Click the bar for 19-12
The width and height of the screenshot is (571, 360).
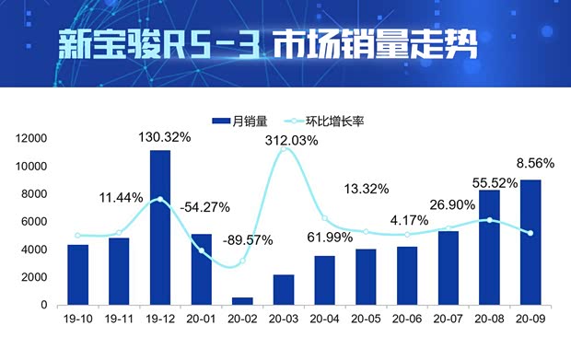tap(160, 227)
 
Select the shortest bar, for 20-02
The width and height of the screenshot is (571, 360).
tap(243, 300)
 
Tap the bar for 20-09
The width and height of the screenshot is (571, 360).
tap(531, 242)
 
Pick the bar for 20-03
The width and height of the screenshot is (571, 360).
tap(285, 289)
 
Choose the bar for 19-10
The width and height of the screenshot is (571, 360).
tap(78, 274)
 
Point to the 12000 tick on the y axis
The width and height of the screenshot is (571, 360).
tap(31, 138)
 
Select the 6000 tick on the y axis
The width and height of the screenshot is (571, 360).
tap(35, 222)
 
